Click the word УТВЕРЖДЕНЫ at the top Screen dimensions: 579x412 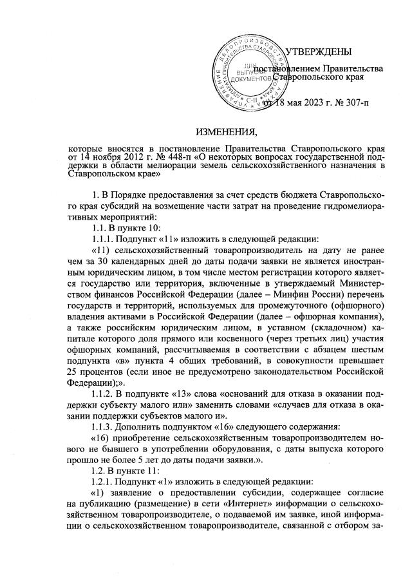(x=318, y=52)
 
